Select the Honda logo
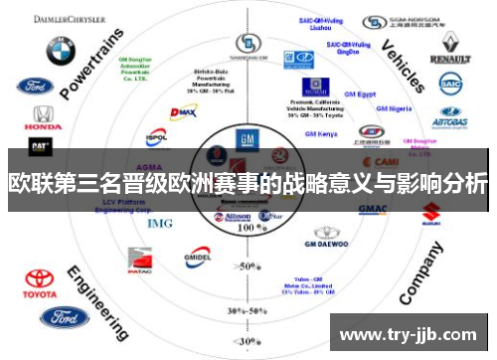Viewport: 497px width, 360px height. coord(42,118)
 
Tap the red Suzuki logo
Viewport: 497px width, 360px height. coord(430,212)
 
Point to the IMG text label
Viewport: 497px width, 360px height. coord(159,223)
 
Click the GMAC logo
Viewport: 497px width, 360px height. coord(372,209)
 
